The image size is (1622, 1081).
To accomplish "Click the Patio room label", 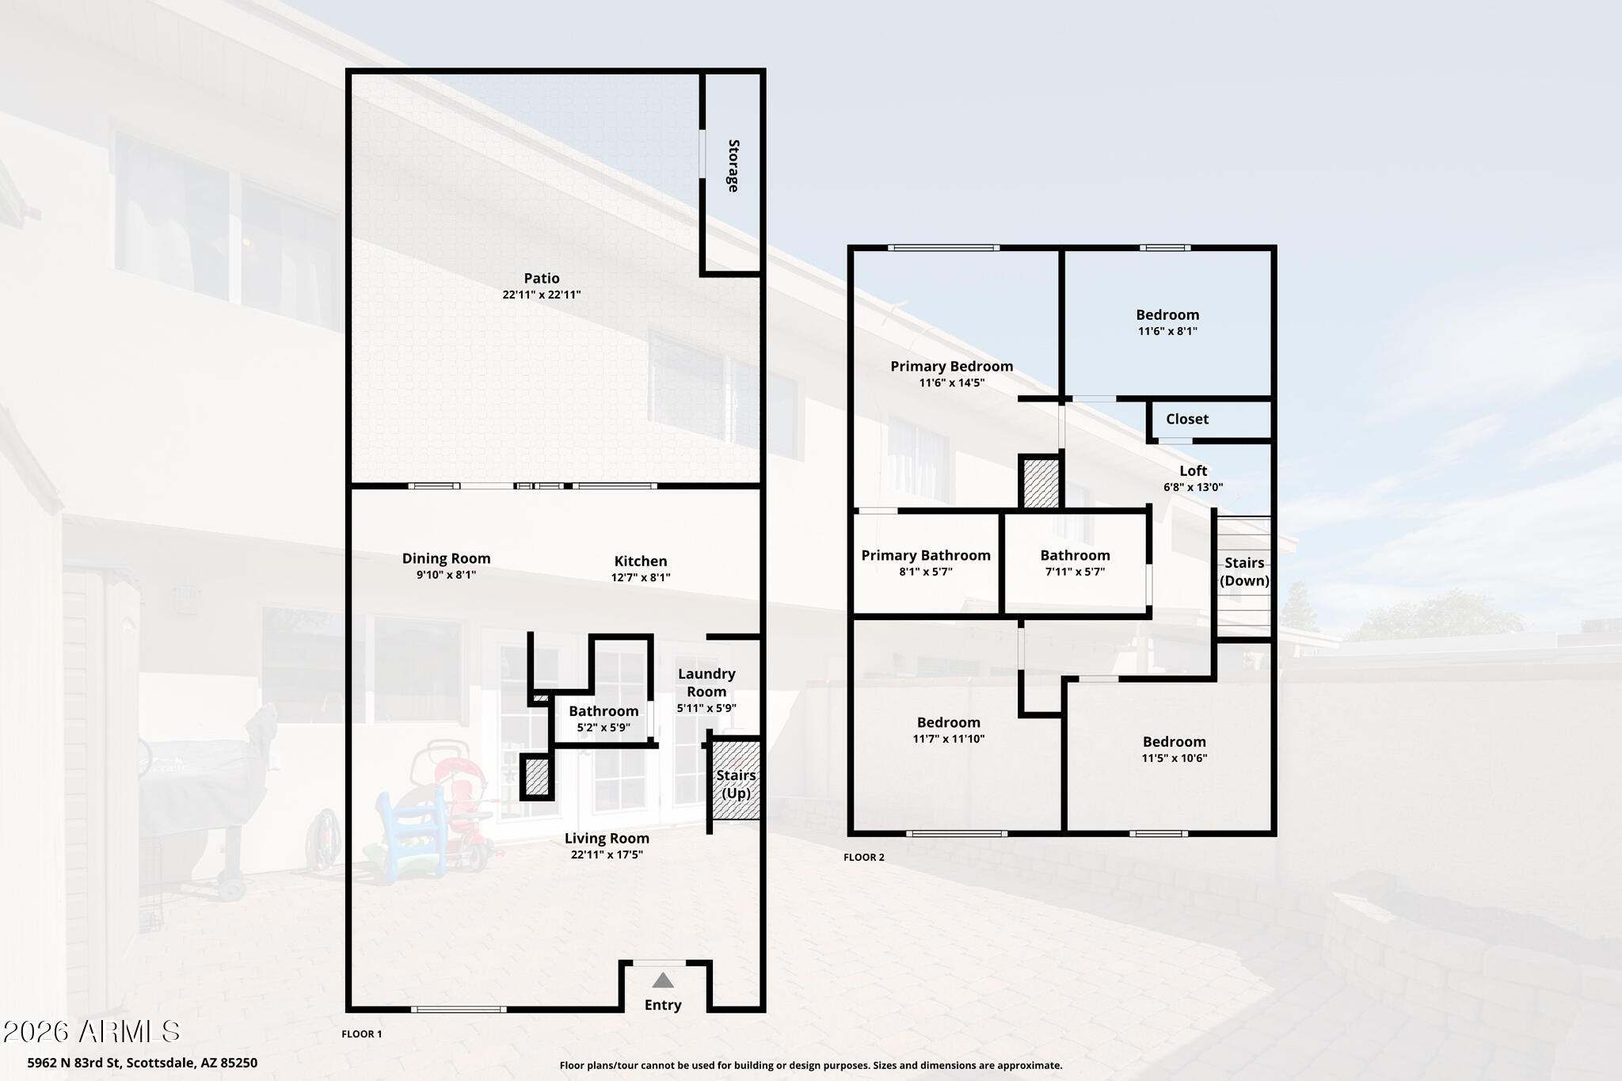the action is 542,278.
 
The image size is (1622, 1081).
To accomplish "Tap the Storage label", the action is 734,166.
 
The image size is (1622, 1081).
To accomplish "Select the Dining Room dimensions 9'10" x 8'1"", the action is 447,575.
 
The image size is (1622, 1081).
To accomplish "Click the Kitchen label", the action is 641,561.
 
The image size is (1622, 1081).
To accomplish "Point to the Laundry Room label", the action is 706,683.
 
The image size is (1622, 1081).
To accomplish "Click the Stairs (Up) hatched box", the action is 737,779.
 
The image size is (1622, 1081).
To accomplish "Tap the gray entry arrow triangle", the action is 663,980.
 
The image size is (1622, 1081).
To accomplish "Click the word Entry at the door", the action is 663,1005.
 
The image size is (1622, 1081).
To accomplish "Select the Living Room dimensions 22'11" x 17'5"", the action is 607,855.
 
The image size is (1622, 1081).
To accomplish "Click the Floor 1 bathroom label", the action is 603,711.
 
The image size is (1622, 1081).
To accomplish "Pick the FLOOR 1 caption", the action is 362,1033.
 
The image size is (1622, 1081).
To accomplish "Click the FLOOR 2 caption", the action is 864,857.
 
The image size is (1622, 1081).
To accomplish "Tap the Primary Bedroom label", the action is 952,366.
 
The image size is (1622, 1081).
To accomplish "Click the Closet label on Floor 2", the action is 1187,419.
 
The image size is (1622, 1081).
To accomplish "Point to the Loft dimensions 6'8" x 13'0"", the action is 1194,488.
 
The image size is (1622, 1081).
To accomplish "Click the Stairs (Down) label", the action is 1244,571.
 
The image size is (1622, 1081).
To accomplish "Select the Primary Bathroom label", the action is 926,555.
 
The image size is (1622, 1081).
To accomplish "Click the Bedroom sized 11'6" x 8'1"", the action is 1167,314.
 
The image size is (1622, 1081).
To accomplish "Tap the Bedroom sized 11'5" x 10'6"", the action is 1175,741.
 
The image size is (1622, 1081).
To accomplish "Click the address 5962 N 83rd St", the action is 75,1063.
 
